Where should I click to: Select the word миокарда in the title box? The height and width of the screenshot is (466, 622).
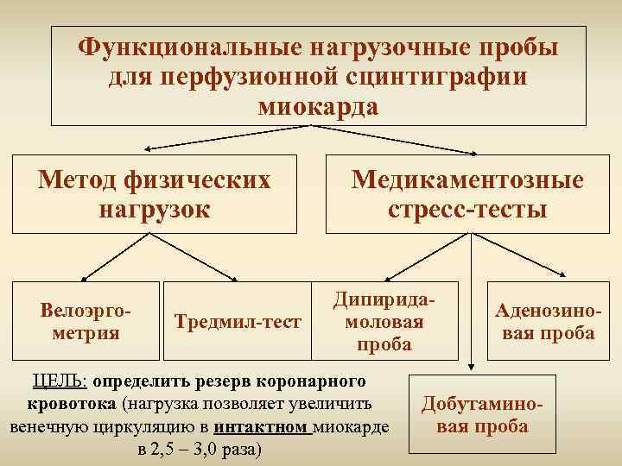pos(318,107)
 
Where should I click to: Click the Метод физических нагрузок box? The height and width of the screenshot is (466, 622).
pos(155,193)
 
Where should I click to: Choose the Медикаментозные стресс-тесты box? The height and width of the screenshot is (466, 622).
pos(466,193)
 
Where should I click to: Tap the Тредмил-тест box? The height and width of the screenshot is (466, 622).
pos(238,322)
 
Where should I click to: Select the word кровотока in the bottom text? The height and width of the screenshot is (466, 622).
pos(73,403)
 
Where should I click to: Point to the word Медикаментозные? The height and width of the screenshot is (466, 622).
pos(466,179)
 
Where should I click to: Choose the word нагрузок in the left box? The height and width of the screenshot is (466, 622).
pos(155,209)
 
